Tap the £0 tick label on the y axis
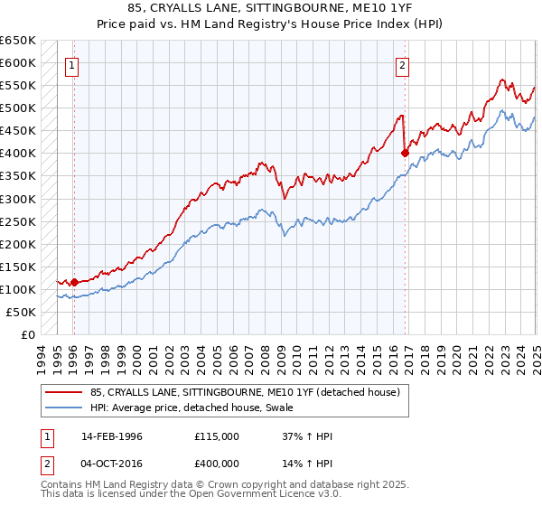pos(27,334)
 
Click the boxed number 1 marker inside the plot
pos(70,65)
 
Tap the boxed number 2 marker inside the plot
pos(401,65)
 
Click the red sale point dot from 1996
pos(74,282)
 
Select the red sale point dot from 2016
pos(404,153)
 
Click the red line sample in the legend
pos(64,392)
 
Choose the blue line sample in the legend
pos(64,408)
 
